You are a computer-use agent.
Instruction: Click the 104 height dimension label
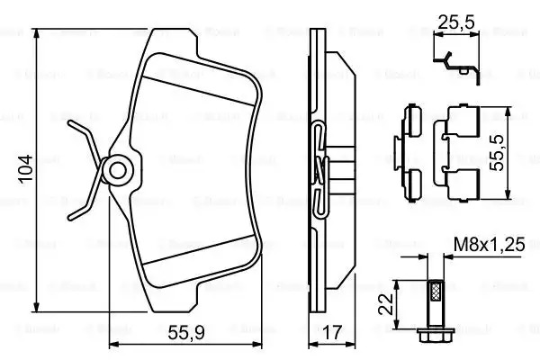[x=25, y=169]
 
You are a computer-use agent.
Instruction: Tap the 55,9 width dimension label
[x=186, y=333]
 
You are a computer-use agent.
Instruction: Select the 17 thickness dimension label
[x=332, y=332]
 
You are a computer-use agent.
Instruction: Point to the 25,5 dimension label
[x=456, y=22]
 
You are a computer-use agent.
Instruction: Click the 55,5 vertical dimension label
[x=498, y=153]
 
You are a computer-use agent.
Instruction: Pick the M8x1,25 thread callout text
[x=490, y=244]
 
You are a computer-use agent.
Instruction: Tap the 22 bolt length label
[x=386, y=304]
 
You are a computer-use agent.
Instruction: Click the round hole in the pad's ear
[x=118, y=171]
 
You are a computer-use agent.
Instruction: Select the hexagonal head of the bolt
[x=436, y=334]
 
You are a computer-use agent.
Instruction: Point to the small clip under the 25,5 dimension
[x=456, y=67]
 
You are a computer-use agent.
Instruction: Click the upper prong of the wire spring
[x=85, y=140]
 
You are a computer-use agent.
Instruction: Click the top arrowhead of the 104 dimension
[x=36, y=33]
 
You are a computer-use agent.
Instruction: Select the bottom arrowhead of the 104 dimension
[x=36, y=308]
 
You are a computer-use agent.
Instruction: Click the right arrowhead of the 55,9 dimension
[x=257, y=344]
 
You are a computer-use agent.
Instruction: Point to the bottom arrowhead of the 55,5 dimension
[x=508, y=194]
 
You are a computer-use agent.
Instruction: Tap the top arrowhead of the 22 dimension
[x=397, y=284]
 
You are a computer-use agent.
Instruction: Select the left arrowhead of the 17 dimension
[x=313, y=344]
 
